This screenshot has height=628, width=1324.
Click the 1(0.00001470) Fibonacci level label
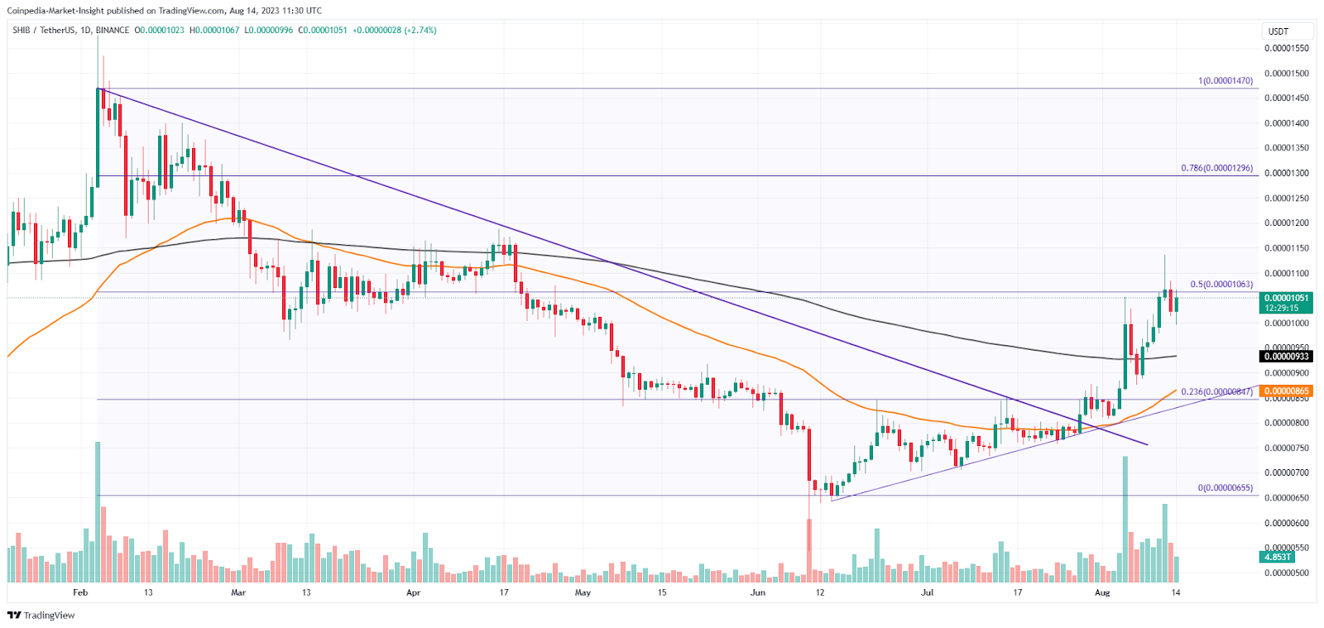[1226, 81]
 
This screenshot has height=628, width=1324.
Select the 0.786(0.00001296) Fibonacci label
[1216, 168]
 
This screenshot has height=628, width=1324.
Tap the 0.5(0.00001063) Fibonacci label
[1221, 284]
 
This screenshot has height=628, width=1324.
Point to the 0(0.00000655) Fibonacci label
[1225, 488]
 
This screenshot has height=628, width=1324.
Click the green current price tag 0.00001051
[1286, 298]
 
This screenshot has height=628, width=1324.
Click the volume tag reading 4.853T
[1277, 557]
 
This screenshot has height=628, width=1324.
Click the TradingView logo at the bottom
[41, 615]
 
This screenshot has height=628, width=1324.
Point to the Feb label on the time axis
[80, 592]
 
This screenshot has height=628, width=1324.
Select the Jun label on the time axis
[757, 592]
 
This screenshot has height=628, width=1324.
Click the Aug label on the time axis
[1101, 592]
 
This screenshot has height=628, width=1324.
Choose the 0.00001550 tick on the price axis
[1287, 48]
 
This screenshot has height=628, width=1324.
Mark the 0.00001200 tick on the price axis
[1287, 223]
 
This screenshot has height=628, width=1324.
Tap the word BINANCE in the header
[113, 31]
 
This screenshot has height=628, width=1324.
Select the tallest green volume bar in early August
[1125, 519]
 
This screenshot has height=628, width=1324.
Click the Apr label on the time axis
[414, 592]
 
